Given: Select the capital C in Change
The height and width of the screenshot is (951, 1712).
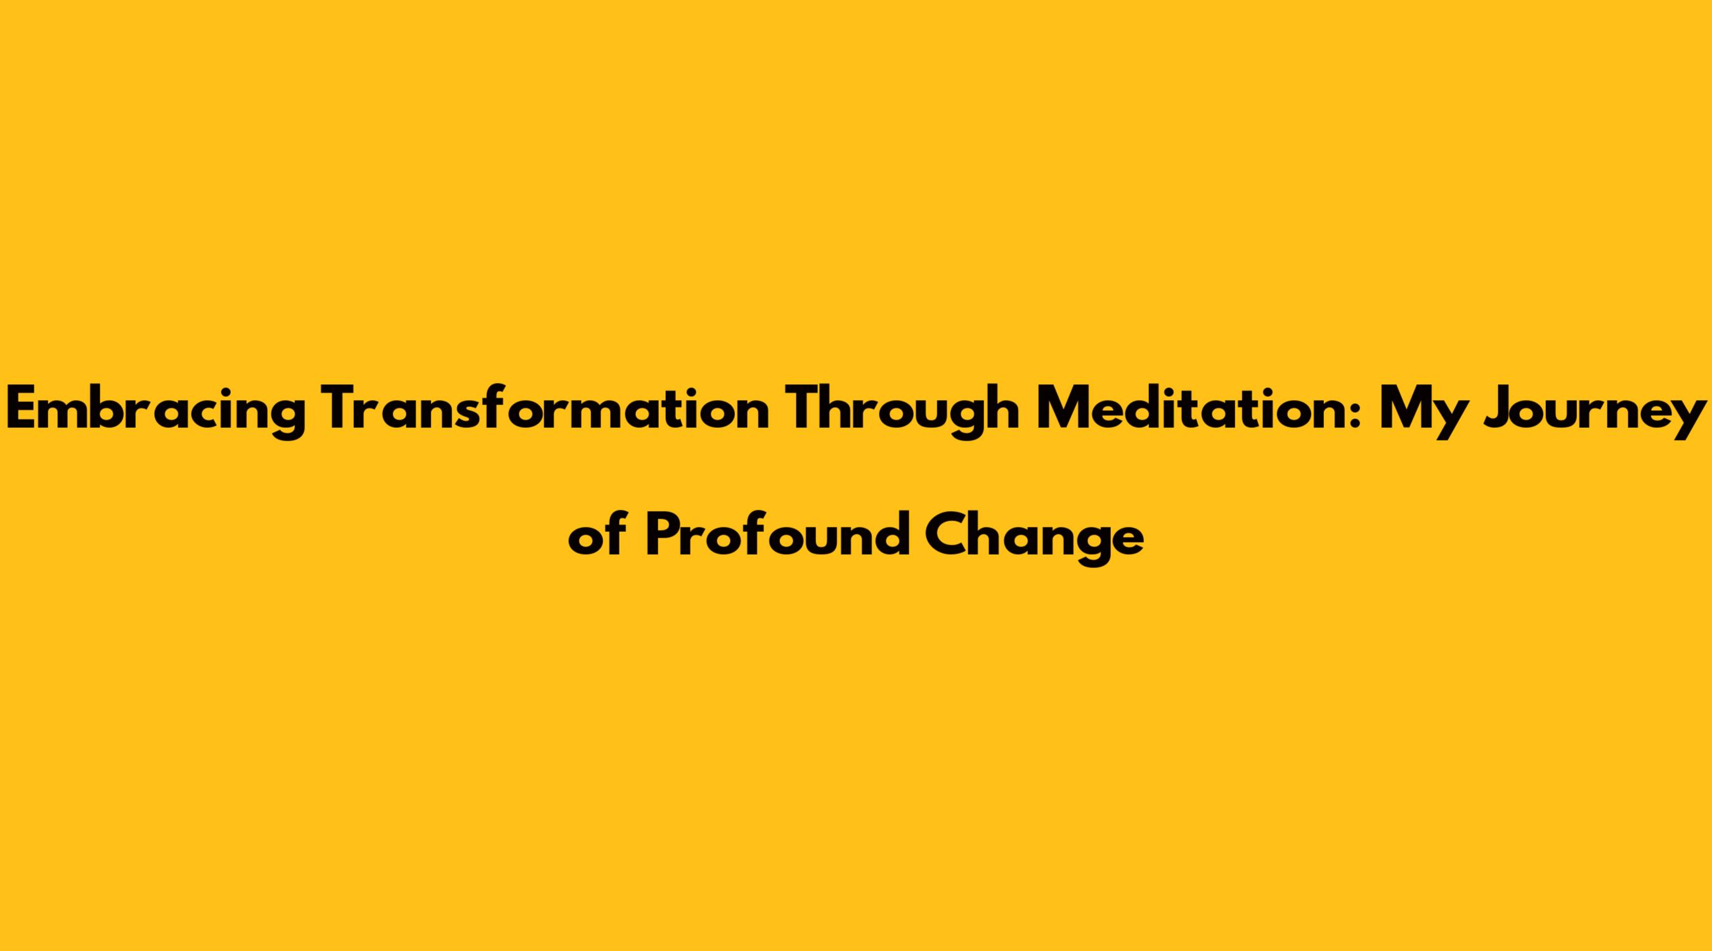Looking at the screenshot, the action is pos(948,535).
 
